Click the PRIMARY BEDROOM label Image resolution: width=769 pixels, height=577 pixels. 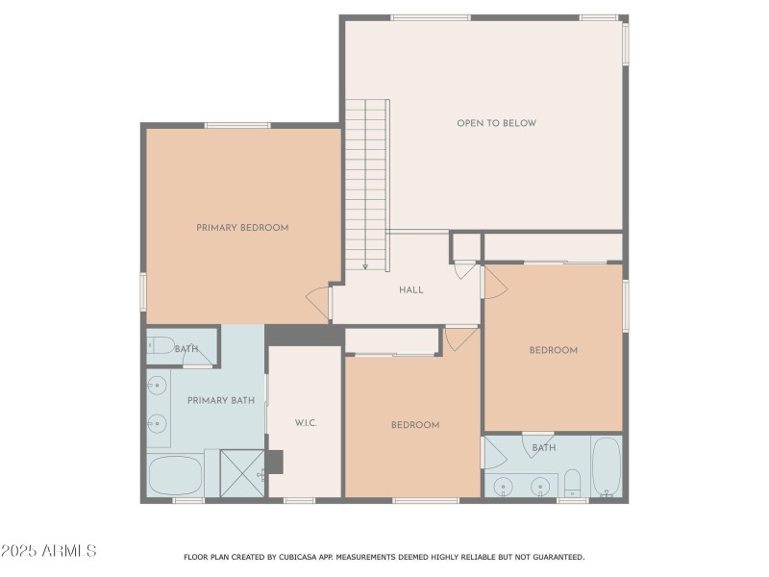[x=242, y=228]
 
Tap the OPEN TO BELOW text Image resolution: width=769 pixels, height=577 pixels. [x=496, y=123]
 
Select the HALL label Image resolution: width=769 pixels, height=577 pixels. [x=410, y=289]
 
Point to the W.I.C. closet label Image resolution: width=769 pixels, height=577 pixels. [x=306, y=423]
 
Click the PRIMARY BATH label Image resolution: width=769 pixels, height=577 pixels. [x=220, y=400]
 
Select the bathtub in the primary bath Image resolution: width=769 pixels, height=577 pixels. [x=176, y=475]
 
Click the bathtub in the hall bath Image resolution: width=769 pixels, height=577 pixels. [x=607, y=466]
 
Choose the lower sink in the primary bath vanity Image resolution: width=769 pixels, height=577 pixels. [x=157, y=423]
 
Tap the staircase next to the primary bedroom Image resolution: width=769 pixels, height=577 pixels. [x=366, y=183]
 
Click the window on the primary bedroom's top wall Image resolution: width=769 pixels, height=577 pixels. [x=237, y=125]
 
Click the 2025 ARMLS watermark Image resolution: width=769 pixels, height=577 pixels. [x=48, y=551]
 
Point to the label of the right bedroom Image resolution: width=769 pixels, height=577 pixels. [x=554, y=350]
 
